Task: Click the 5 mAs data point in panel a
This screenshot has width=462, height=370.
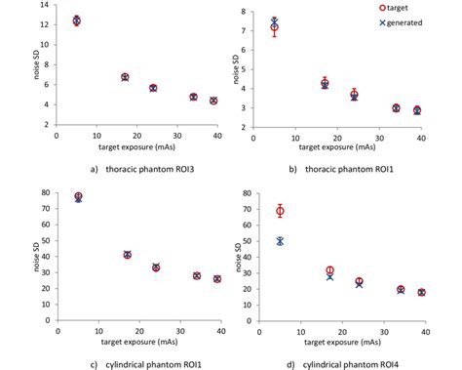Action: click(77, 21)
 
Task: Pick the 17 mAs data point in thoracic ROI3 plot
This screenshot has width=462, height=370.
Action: click(125, 76)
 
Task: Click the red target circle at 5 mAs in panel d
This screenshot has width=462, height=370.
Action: click(280, 211)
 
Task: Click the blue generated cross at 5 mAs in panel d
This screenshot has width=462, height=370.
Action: click(280, 241)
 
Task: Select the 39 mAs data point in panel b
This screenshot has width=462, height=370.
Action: click(417, 110)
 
